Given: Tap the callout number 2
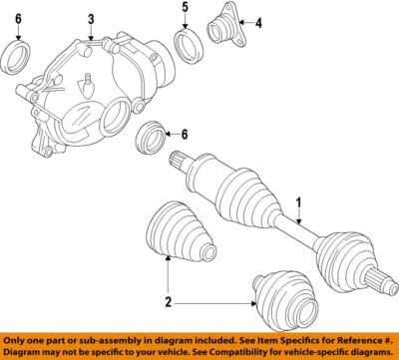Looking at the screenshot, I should pos(168,300).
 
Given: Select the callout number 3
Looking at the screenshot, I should pos(91,19).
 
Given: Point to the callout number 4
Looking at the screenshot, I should pos(257,23).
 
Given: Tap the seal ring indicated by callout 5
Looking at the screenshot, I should pos(185,44).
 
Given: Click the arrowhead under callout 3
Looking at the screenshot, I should pos(91,39).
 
